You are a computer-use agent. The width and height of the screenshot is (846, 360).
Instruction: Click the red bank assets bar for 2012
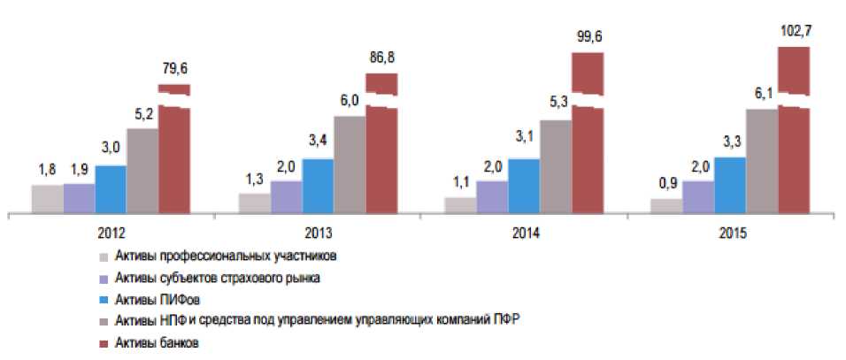click(174, 159)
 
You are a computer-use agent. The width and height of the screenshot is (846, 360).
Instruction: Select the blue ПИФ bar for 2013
click(318, 186)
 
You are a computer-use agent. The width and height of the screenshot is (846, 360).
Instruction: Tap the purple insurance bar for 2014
click(491, 196)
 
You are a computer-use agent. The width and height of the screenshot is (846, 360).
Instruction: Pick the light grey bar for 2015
click(666, 205)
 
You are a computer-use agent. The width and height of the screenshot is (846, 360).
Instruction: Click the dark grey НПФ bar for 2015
click(762, 160)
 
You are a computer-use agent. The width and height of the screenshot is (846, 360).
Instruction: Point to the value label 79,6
click(173, 66)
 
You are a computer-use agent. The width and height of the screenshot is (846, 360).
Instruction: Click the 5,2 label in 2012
click(142, 113)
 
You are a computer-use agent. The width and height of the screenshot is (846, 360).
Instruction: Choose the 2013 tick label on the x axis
click(316, 235)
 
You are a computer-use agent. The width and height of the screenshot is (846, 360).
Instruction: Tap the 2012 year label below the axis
click(111, 235)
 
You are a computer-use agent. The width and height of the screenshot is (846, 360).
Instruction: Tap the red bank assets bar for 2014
click(588, 159)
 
